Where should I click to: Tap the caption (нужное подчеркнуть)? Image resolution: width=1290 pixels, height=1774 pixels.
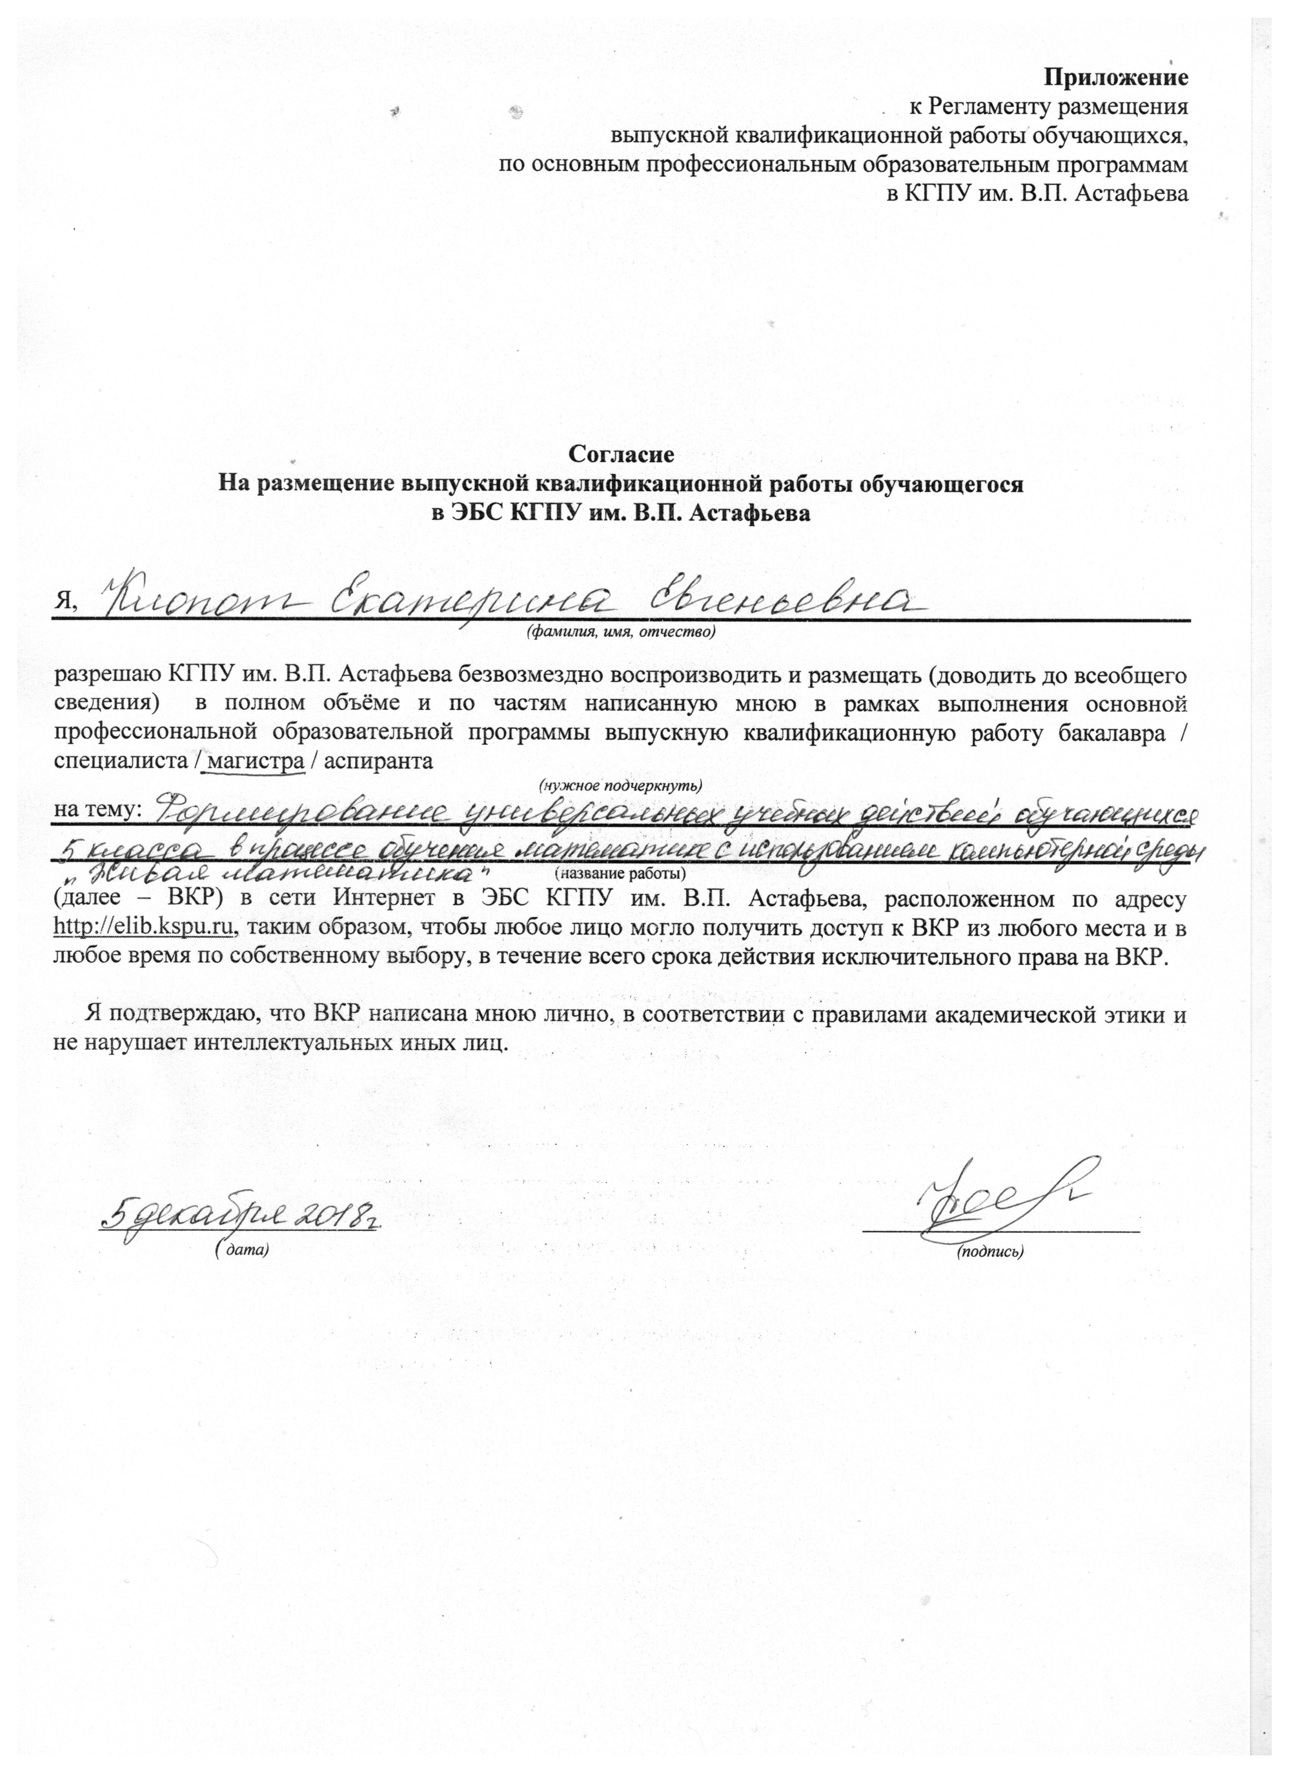pyautogui.click(x=620, y=783)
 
